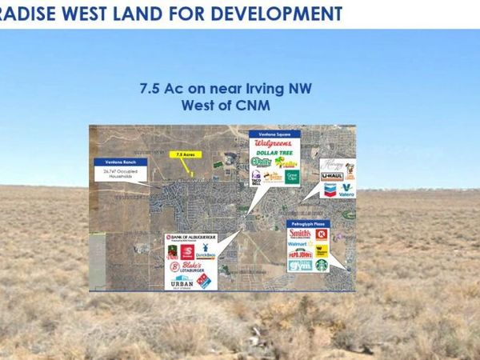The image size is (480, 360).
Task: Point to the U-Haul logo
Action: pyautogui.click(x=332, y=176)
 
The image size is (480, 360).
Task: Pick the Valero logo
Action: pyautogui.click(x=345, y=190)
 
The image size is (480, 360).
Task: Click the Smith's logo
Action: pyautogui.click(x=298, y=234)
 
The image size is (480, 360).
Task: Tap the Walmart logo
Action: pyautogui.click(x=298, y=243)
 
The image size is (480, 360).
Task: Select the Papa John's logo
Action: pyautogui.click(x=298, y=253)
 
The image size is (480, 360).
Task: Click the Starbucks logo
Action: pyautogui.click(x=322, y=265)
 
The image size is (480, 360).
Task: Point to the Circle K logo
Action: pyautogui.click(x=322, y=235)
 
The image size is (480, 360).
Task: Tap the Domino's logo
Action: pyautogui.click(x=204, y=280)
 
